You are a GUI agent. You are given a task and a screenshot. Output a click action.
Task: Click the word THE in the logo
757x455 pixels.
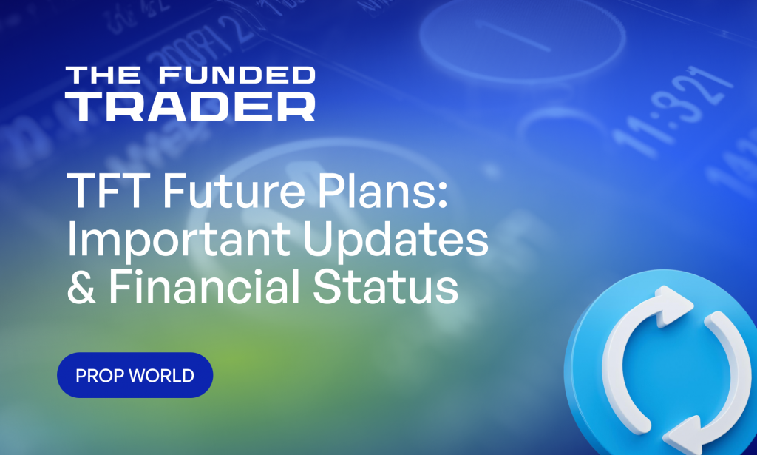(93, 75)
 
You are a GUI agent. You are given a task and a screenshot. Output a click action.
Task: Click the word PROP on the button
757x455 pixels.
(101, 376)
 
